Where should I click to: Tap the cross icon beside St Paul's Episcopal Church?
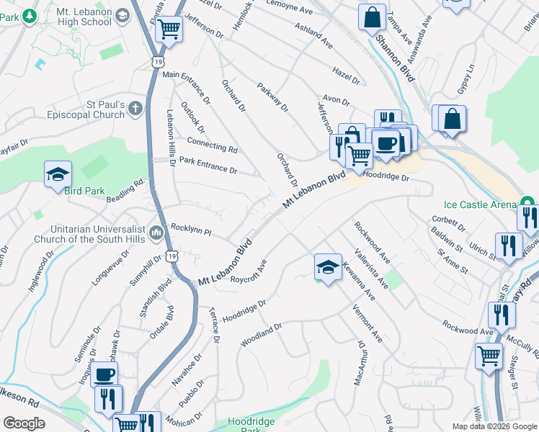(x=136, y=109)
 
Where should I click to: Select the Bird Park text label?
(x=84, y=192)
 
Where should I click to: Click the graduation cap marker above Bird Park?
(x=58, y=174)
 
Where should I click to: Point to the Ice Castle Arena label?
(x=483, y=204)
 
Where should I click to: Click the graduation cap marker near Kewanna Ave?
(x=328, y=267)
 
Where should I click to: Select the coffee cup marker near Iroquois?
(x=104, y=374)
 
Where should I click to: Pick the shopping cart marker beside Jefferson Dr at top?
(x=169, y=29)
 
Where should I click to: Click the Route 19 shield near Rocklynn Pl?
(x=171, y=256)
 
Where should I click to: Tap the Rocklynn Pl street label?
(x=190, y=230)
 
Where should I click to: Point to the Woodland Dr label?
(x=261, y=335)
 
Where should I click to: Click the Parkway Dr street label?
(x=273, y=97)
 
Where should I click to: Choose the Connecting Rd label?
(x=212, y=143)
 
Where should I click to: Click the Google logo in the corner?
(x=24, y=423)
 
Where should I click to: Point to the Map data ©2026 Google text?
(x=493, y=426)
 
